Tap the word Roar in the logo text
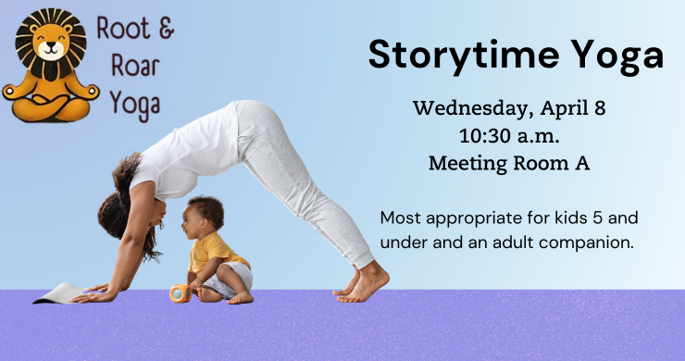[130, 67]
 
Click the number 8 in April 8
[600, 107]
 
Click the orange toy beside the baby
[180, 293]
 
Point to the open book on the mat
[57, 293]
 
